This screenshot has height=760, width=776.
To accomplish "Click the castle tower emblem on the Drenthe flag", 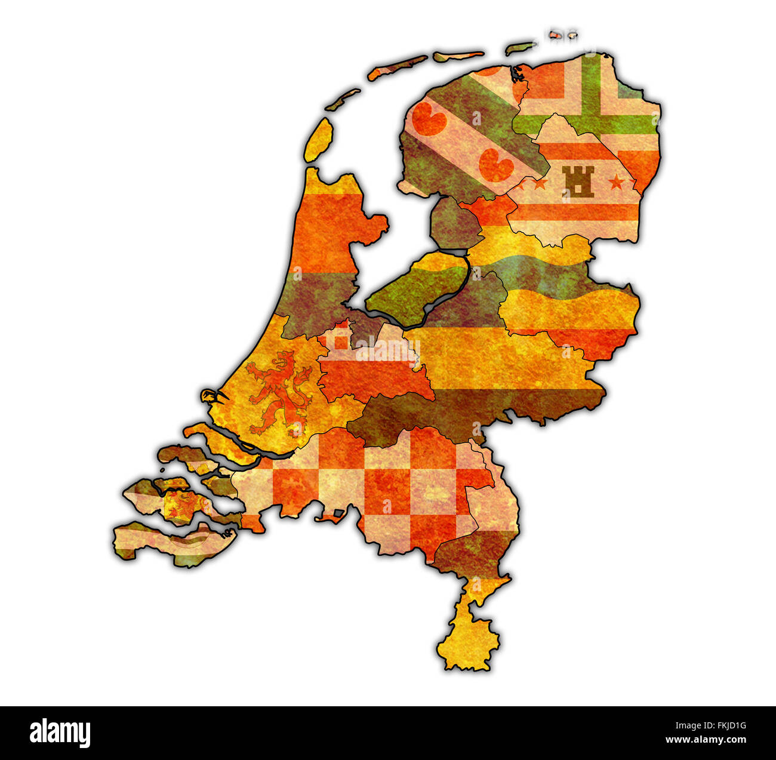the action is coord(577,181).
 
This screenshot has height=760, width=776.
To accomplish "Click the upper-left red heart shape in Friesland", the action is coord(429,118).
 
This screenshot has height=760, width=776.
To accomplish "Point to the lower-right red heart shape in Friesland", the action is coord(496,164).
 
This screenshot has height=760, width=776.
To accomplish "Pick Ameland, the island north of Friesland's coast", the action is coord(458,56).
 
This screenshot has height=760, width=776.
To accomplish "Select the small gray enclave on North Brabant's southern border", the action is coord(338,513).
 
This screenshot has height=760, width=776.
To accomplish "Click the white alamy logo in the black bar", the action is coord(60,733).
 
